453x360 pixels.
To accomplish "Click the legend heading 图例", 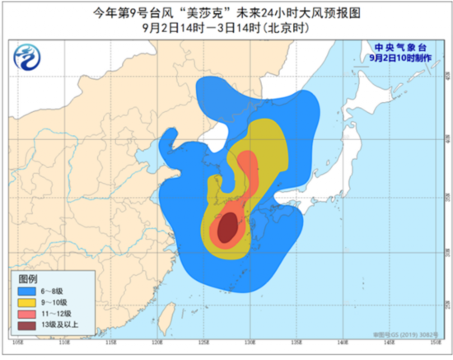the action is [x=30, y=278].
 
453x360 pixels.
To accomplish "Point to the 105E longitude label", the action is [x=18, y=340].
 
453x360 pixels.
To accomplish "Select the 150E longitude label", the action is [x=432, y=340].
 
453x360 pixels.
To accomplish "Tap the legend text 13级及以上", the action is [x=63, y=325].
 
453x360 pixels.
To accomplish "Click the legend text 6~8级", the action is [x=58, y=291].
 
